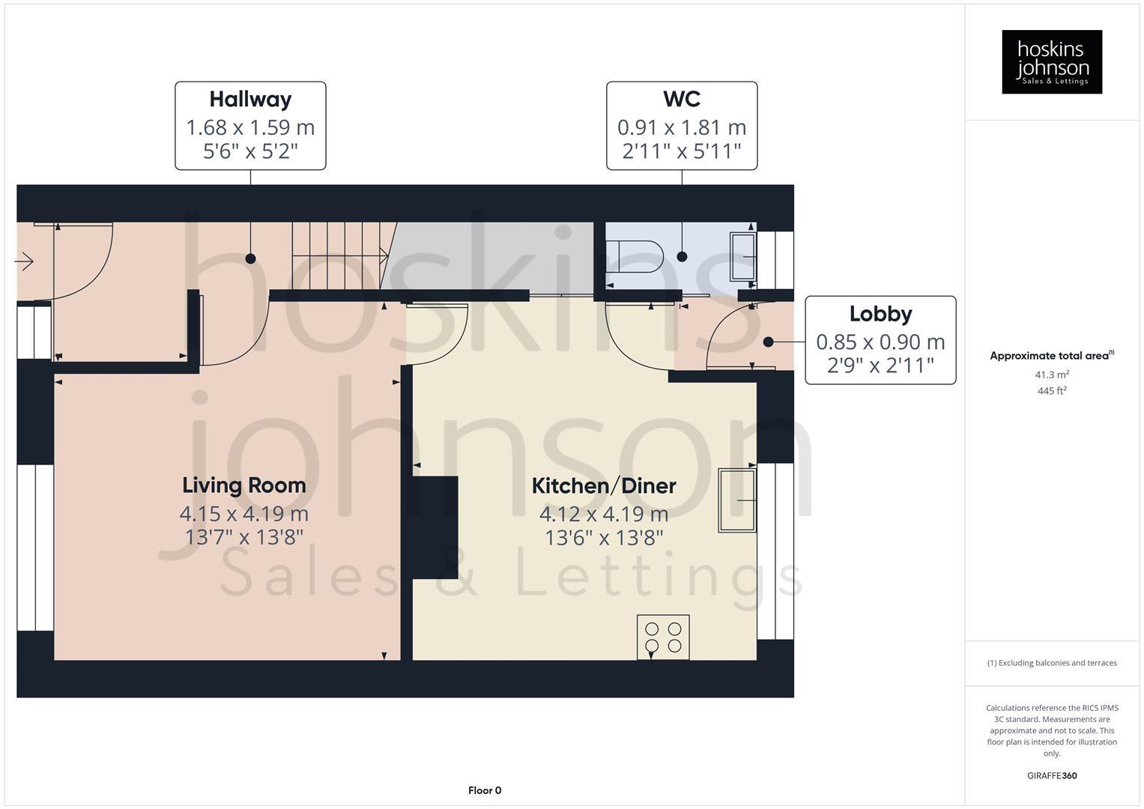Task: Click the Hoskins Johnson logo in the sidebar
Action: tap(1051, 61)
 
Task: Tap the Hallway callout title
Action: tap(250, 100)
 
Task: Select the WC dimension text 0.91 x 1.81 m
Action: tap(681, 128)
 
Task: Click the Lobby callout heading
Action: tap(880, 314)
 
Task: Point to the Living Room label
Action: tap(244, 485)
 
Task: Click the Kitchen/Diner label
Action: tap(604, 486)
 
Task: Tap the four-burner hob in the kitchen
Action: tap(663, 637)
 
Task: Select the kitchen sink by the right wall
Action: tap(737, 500)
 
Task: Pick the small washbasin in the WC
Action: tap(743, 256)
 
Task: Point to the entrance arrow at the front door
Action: tap(25, 261)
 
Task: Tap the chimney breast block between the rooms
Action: tap(435, 527)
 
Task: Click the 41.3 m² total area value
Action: tap(1051, 375)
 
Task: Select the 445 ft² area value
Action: tap(1051, 391)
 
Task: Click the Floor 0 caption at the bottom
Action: tap(484, 790)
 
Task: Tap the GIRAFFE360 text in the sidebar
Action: tap(1051, 775)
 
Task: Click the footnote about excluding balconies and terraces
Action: tap(1051, 663)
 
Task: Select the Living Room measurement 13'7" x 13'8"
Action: tap(244, 537)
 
